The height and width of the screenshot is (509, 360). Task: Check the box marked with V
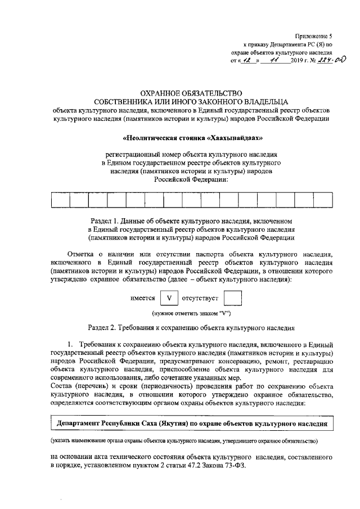coord(169,299)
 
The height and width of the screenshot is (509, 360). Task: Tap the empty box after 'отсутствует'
coord(232,299)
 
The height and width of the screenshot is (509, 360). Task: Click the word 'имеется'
coord(142,299)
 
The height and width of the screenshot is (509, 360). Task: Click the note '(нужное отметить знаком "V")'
coord(191,313)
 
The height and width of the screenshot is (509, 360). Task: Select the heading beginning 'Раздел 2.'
coord(191,327)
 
